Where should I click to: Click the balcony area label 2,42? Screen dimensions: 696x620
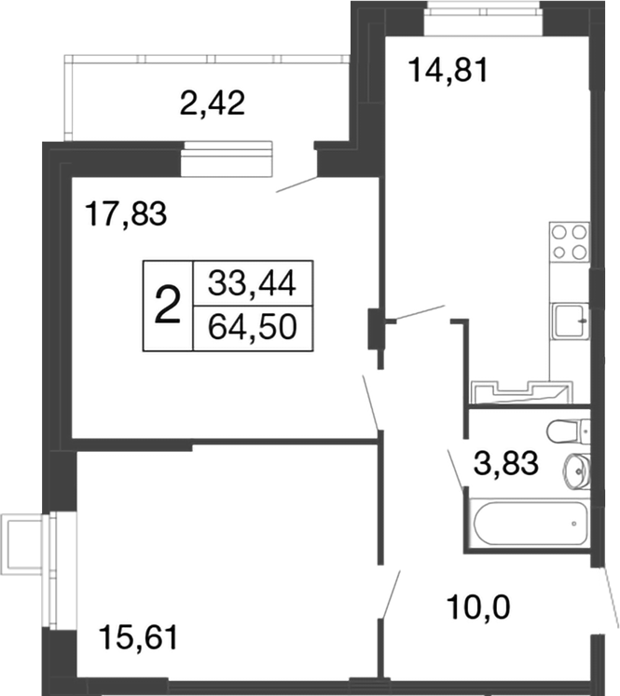[x=212, y=102]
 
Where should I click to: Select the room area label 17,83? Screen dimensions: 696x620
[x=125, y=214]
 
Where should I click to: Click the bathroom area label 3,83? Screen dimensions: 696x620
[x=507, y=463]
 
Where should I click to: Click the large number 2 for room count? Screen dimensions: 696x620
[x=167, y=305]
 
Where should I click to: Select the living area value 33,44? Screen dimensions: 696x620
[x=253, y=281]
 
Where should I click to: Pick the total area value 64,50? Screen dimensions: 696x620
[x=253, y=329]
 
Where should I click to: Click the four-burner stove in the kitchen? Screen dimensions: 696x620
[x=569, y=241]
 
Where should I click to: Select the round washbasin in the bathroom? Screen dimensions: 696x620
[x=576, y=471]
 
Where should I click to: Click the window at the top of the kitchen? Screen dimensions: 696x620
[x=483, y=12]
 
